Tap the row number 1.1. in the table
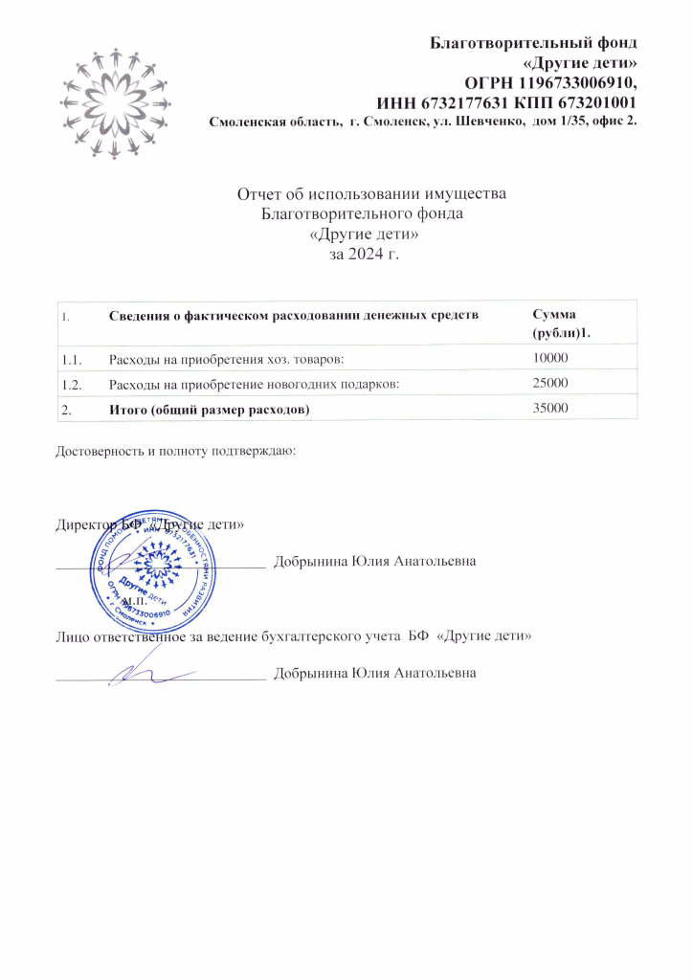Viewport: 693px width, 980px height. [x=72, y=358]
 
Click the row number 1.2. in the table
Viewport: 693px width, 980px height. [x=72, y=383]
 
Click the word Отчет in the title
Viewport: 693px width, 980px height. [x=259, y=194]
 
